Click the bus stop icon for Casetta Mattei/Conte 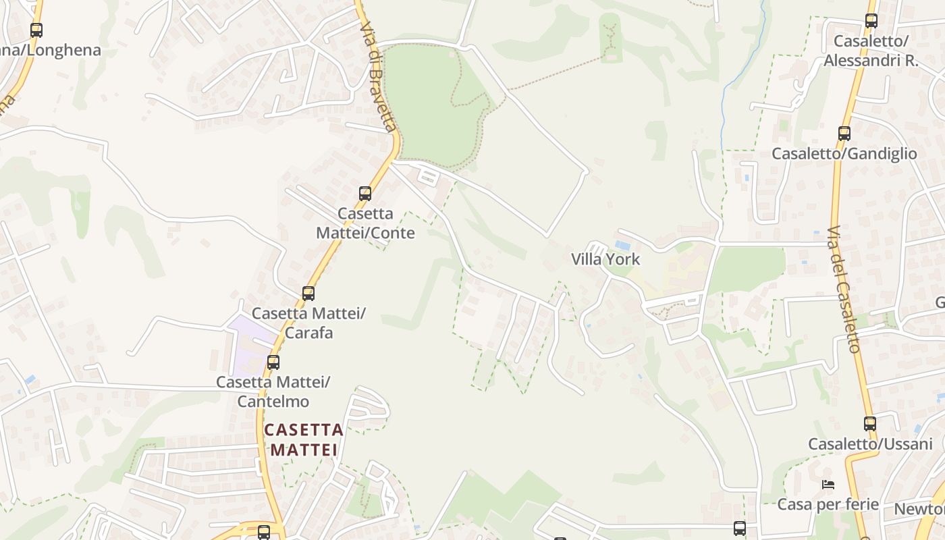[x=365, y=194]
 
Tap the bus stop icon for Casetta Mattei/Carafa [x=308, y=294]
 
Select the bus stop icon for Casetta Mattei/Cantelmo [x=273, y=362]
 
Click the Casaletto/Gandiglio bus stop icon [x=844, y=134]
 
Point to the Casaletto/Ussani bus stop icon [x=870, y=424]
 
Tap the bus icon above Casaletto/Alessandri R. [x=871, y=21]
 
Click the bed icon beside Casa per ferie [x=828, y=484]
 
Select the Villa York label [x=605, y=259]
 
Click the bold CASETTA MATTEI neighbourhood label [x=304, y=439]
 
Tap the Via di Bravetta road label [x=378, y=78]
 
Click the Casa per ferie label [x=828, y=504]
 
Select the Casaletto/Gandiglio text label [x=844, y=154]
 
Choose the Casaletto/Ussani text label [x=870, y=444]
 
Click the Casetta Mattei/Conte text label [x=365, y=223]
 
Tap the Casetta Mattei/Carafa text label [x=308, y=323]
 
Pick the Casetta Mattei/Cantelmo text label [x=273, y=391]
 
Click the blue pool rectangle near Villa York [x=622, y=245]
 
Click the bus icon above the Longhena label [x=36, y=30]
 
